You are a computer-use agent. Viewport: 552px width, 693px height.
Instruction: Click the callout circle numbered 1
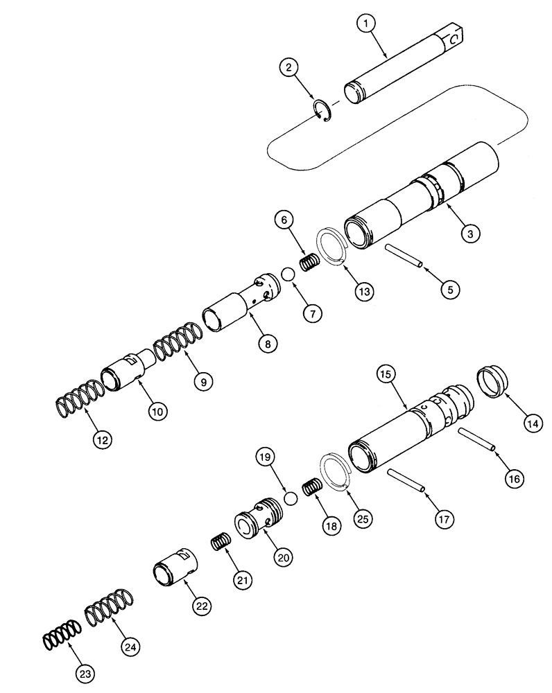(367, 24)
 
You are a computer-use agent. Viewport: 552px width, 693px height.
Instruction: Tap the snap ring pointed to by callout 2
(322, 112)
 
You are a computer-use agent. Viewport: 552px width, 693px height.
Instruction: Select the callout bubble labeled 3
(469, 234)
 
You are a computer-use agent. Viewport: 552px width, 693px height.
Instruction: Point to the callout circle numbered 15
(386, 375)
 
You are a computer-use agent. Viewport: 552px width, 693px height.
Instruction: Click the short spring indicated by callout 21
(219, 542)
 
